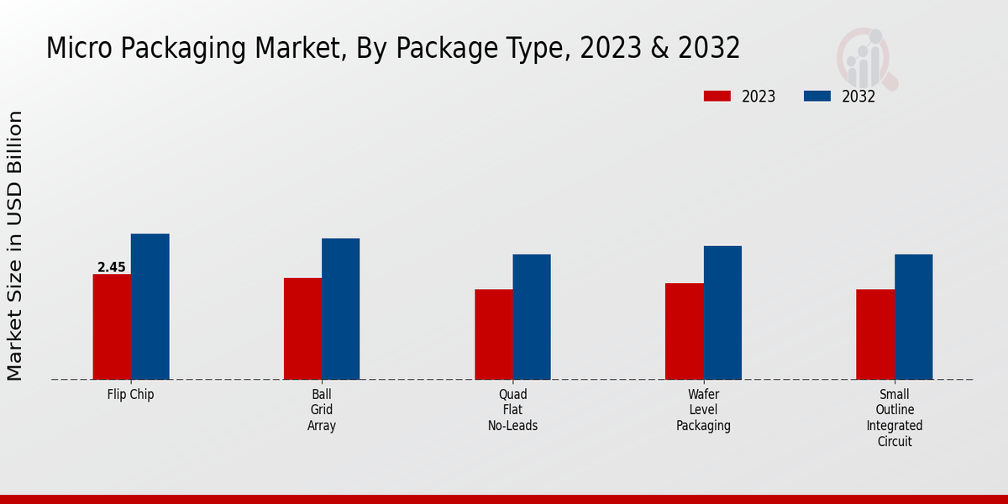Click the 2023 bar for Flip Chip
point(112,327)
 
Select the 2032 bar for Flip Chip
point(150,307)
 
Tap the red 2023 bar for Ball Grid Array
point(302,328)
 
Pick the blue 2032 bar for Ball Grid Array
point(340,309)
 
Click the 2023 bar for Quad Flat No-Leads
point(493,334)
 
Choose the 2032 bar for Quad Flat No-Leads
point(532,317)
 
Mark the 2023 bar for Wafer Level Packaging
point(684,331)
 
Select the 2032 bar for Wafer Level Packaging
point(722,312)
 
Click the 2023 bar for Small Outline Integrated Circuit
point(875,334)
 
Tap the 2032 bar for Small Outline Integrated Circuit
point(913,317)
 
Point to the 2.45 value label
point(112,267)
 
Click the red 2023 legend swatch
point(717,97)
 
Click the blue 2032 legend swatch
point(817,97)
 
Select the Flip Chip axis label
point(131,394)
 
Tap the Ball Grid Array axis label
point(322,410)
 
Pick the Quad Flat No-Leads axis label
point(512,410)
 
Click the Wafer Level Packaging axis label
point(704,410)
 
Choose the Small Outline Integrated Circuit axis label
point(895,417)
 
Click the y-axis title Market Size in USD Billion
point(16,245)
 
